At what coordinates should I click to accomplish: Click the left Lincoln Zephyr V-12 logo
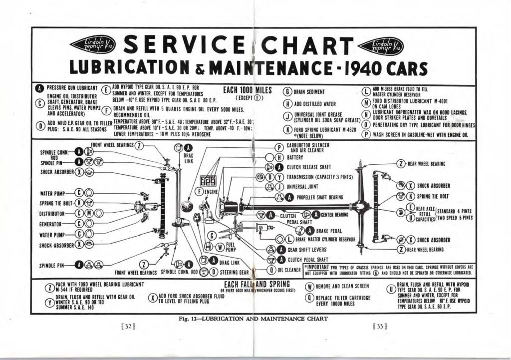(x=93, y=45)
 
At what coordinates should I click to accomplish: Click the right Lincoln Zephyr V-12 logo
(x=381, y=46)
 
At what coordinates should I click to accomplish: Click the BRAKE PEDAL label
(x=330, y=230)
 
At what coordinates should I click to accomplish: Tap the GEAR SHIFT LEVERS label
(x=307, y=250)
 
